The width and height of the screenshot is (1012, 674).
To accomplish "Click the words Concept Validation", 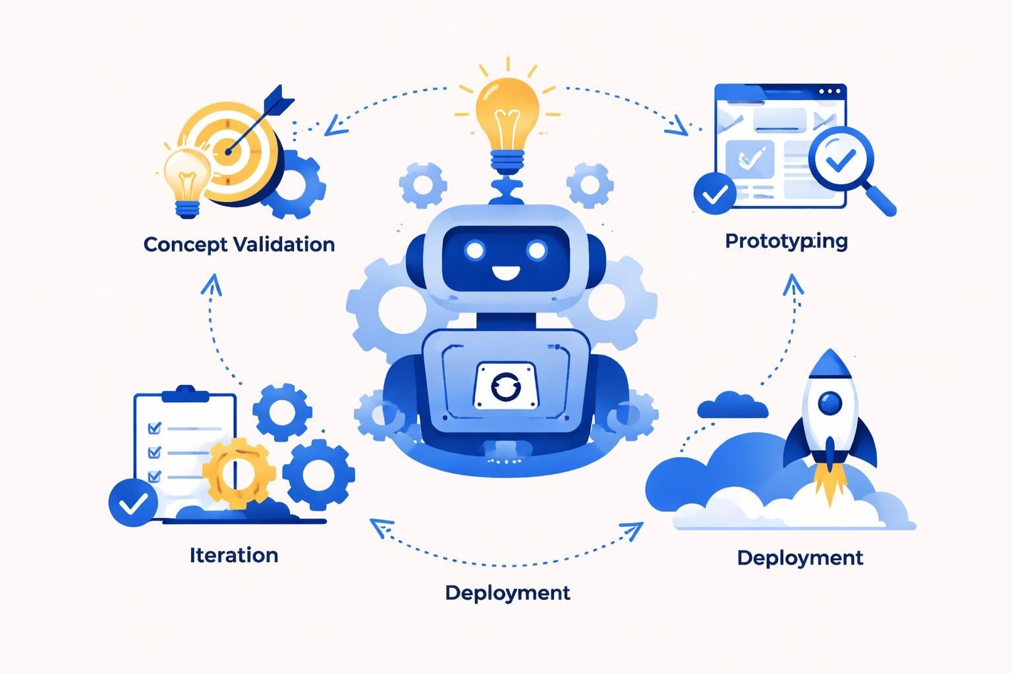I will (239, 244).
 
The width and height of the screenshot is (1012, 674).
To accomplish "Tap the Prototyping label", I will (786, 241).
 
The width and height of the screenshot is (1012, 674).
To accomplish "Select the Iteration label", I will (233, 555).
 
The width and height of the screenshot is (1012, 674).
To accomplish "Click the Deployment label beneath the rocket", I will (799, 557).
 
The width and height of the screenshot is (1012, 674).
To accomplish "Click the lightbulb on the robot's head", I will (506, 116).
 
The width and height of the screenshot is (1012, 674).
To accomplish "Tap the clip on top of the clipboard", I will (184, 393).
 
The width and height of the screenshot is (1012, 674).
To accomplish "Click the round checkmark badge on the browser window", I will (715, 194).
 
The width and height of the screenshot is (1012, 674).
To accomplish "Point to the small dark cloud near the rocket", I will (732, 405).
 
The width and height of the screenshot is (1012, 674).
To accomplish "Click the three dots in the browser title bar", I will (829, 91).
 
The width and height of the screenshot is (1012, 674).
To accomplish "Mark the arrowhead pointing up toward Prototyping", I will (793, 284).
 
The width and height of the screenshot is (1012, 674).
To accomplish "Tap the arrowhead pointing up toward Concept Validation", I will (211, 284).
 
